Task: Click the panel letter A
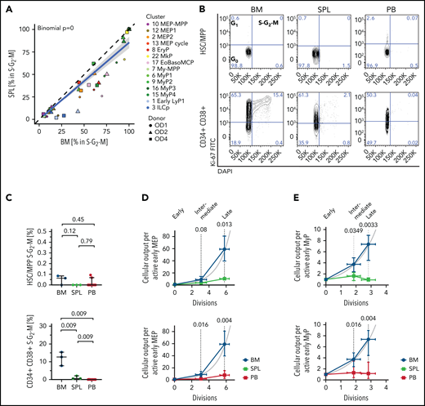tap(7, 7)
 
